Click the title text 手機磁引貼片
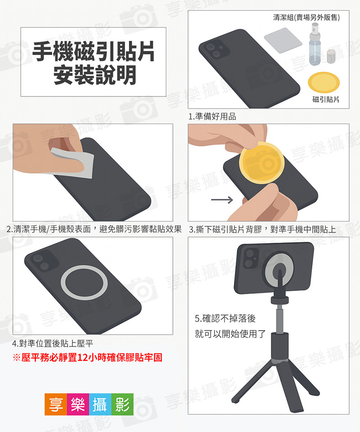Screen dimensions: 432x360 coord(93,52)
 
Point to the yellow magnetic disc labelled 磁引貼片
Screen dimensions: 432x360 coord(325,82)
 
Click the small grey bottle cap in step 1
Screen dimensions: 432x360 coord(332,57)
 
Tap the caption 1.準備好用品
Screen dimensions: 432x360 coord(212,117)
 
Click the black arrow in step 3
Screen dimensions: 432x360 coord(221,199)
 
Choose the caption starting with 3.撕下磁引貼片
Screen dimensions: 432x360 coord(262,229)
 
